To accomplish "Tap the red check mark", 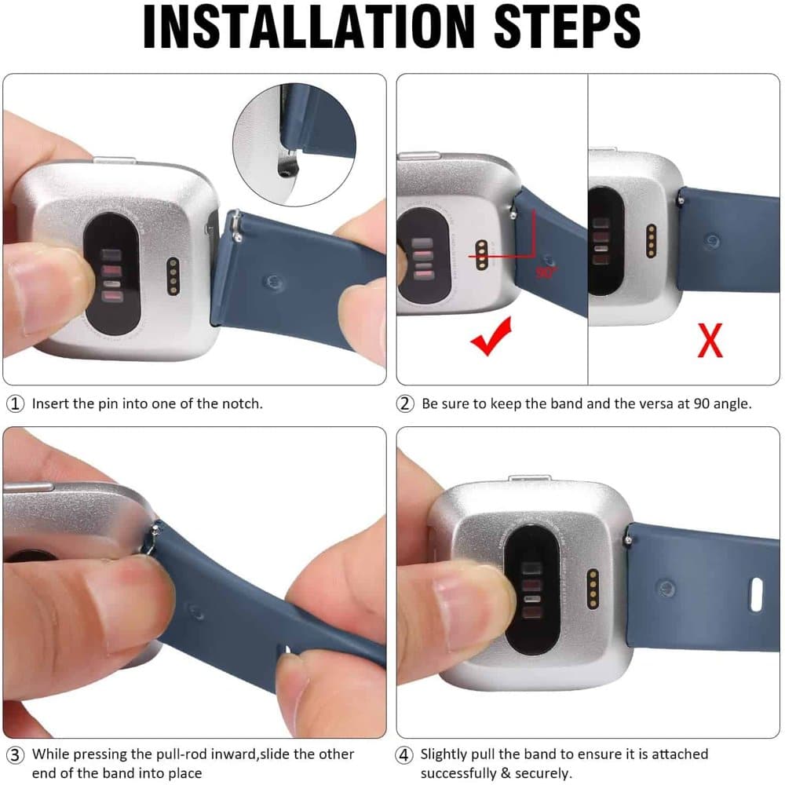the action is (491, 337).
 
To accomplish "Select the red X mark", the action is (710, 341).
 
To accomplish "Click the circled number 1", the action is (15, 403).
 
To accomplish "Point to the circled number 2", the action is (405, 403).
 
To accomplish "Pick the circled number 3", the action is (15, 755).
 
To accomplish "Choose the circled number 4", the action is (404, 755).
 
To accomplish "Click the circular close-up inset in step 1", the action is (294, 144).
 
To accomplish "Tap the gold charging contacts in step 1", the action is (173, 276).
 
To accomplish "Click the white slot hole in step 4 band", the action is (756, 594).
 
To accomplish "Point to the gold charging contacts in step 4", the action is (593, 589).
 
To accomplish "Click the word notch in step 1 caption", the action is (241, 403).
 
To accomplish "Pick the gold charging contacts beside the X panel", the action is (651, 241).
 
